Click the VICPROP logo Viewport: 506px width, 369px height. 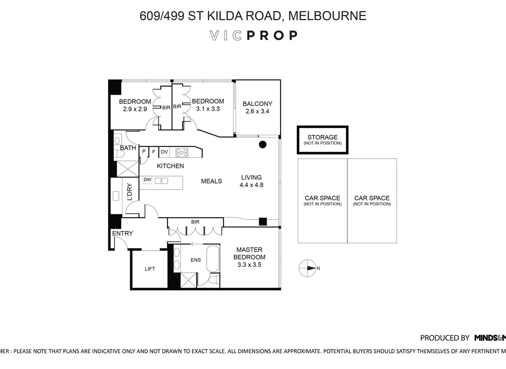point(253,36)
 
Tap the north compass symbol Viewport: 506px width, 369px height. point(307,268)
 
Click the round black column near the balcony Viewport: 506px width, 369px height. point(262,145)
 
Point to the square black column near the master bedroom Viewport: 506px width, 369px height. point(262,221)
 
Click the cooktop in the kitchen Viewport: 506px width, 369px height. point(182,152)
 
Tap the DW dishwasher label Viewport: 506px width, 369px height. point(147,180)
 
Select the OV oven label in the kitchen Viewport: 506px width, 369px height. point(164,152)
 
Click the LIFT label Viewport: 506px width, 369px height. point(150,269)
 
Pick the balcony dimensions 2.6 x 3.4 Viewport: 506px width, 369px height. point(257,111)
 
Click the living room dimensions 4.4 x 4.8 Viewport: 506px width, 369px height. point(251,185)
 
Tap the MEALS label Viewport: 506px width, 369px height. point(211,181)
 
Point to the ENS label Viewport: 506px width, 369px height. point(195,260)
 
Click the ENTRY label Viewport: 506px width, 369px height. point(122,233)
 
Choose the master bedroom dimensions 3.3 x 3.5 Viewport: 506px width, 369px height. point(249,265)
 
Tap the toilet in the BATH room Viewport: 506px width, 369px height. point(120,154)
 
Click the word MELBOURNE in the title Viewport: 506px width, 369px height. point(327,16)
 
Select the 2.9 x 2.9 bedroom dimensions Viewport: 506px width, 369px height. point(135,109)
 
